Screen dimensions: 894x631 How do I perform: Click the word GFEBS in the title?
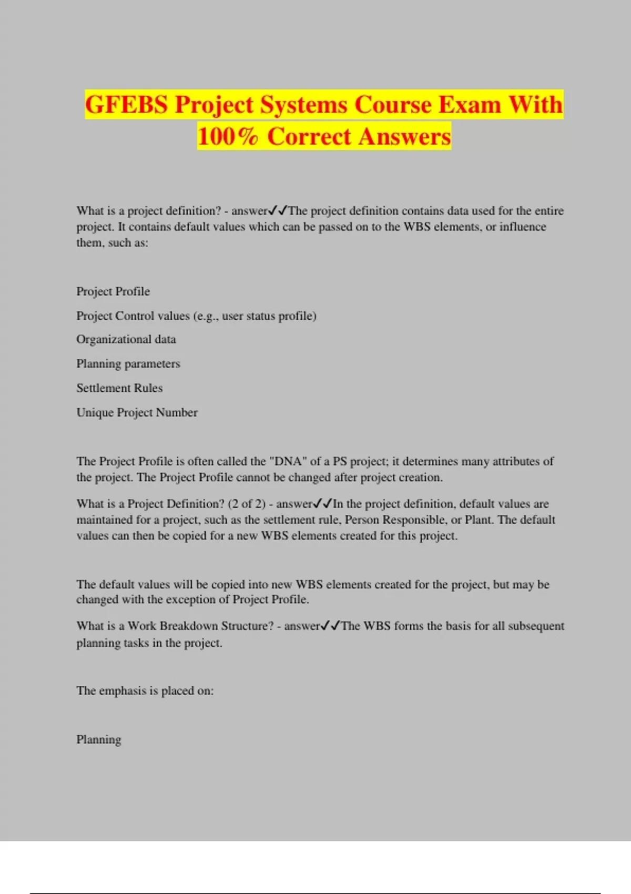pos(126,105)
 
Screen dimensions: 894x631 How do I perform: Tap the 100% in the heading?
pos(228,136)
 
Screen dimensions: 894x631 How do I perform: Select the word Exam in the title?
pos(470,105)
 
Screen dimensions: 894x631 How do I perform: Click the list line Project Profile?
pos(113,291)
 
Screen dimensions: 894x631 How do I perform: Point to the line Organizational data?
pos(126,339)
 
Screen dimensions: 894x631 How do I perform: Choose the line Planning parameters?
pos(128,363)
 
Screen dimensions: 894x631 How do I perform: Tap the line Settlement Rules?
pos(119,388)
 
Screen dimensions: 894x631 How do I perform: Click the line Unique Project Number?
pos(137,412)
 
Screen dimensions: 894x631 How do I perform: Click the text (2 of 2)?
pos(247,504)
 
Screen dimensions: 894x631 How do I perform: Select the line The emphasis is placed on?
pos(145,690)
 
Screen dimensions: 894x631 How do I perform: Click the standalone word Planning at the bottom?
pos(99,739)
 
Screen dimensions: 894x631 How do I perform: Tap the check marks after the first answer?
pos(278,211)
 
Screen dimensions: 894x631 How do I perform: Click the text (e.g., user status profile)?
pos(255,316)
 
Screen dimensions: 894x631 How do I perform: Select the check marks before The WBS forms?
pos(330,626)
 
